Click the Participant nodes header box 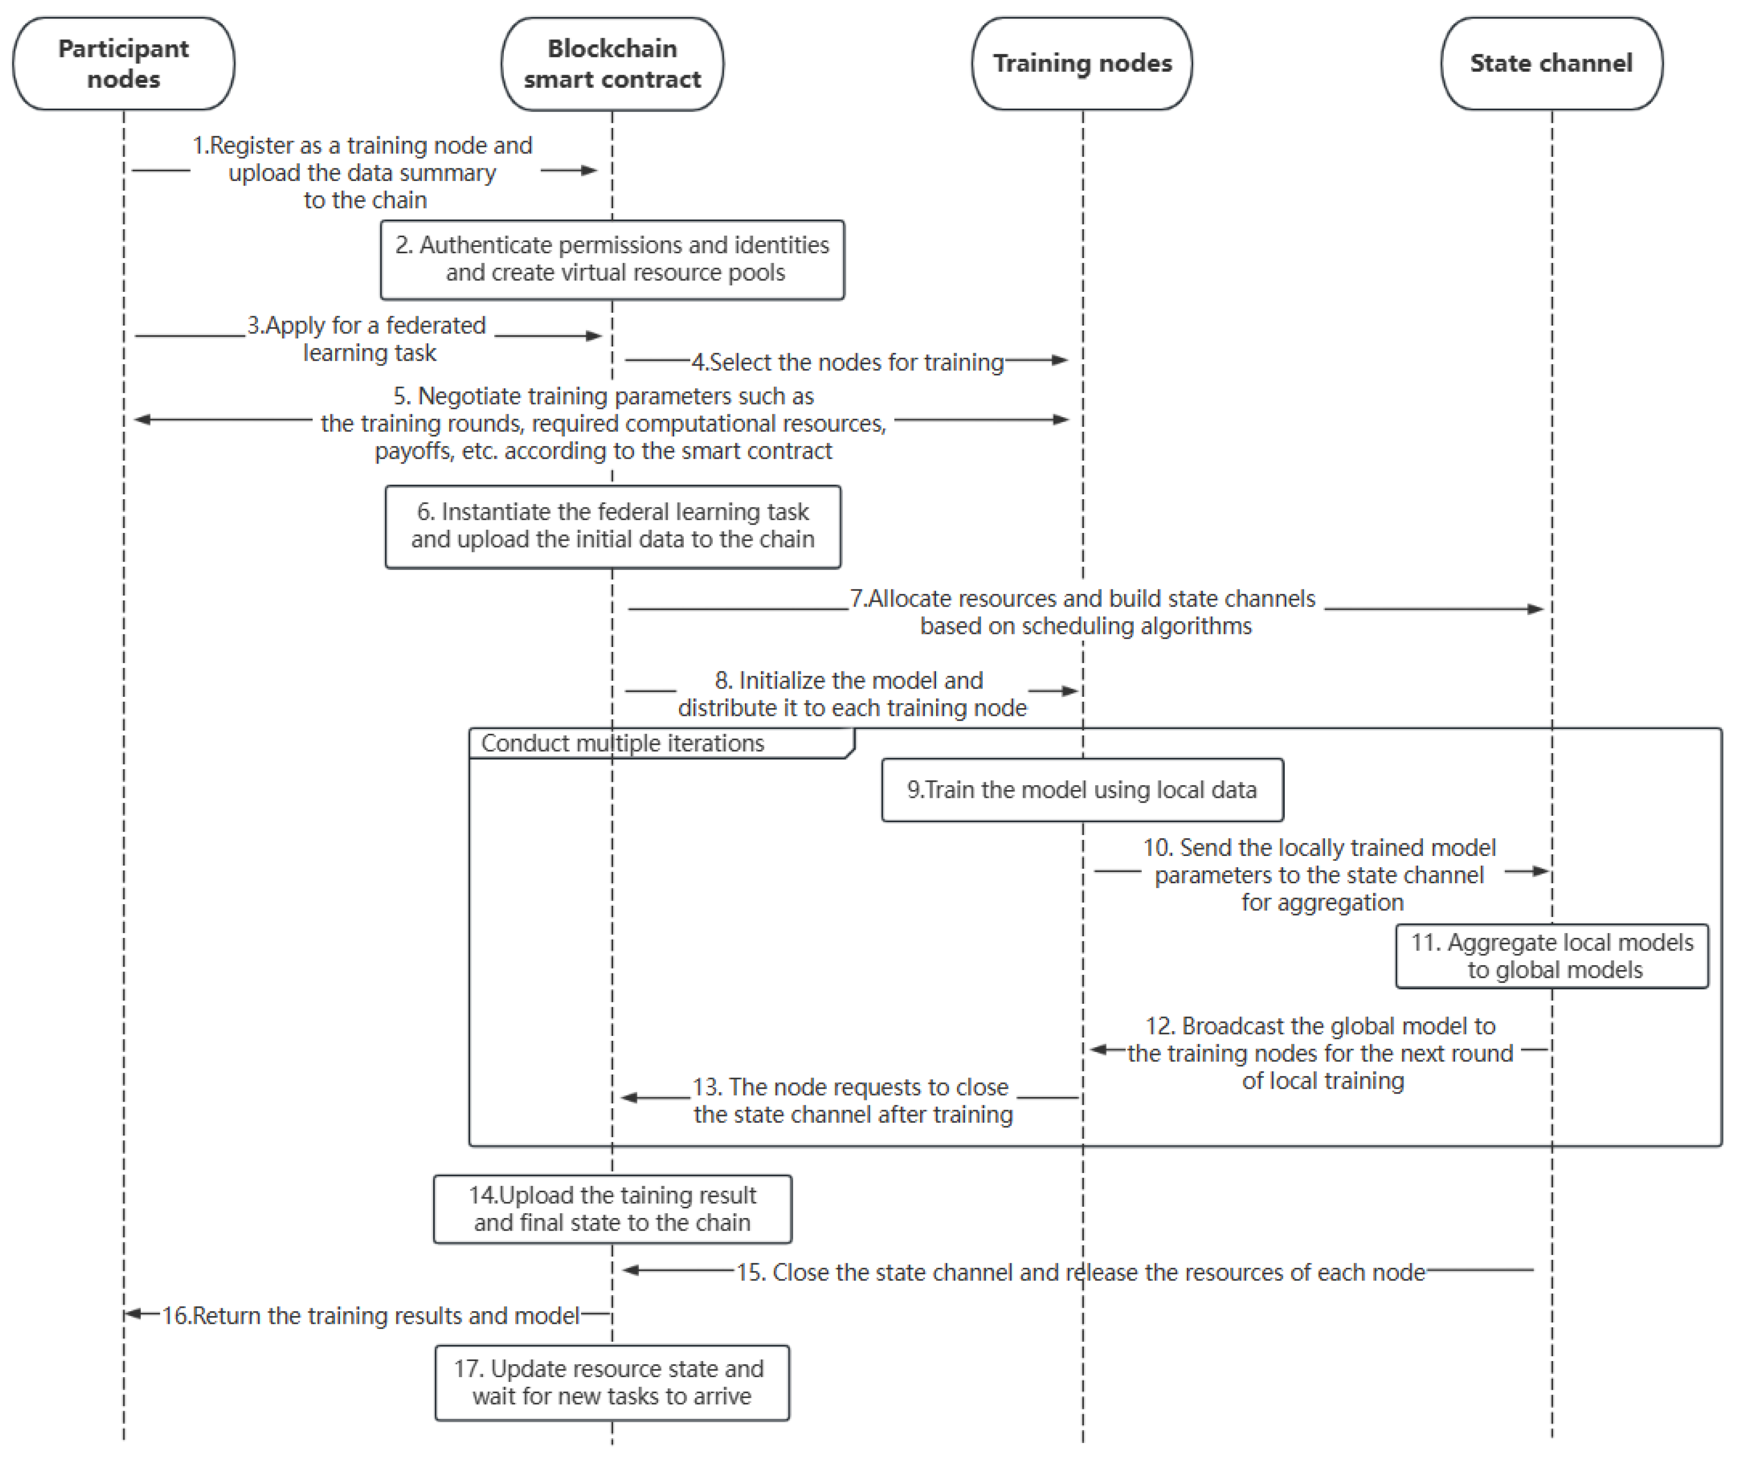(123, 64)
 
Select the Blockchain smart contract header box (612, 64)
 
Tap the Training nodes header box (1082, 64)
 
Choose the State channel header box (1552, 64)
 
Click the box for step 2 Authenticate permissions (612, 260)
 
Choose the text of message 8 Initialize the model (852, 694)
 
